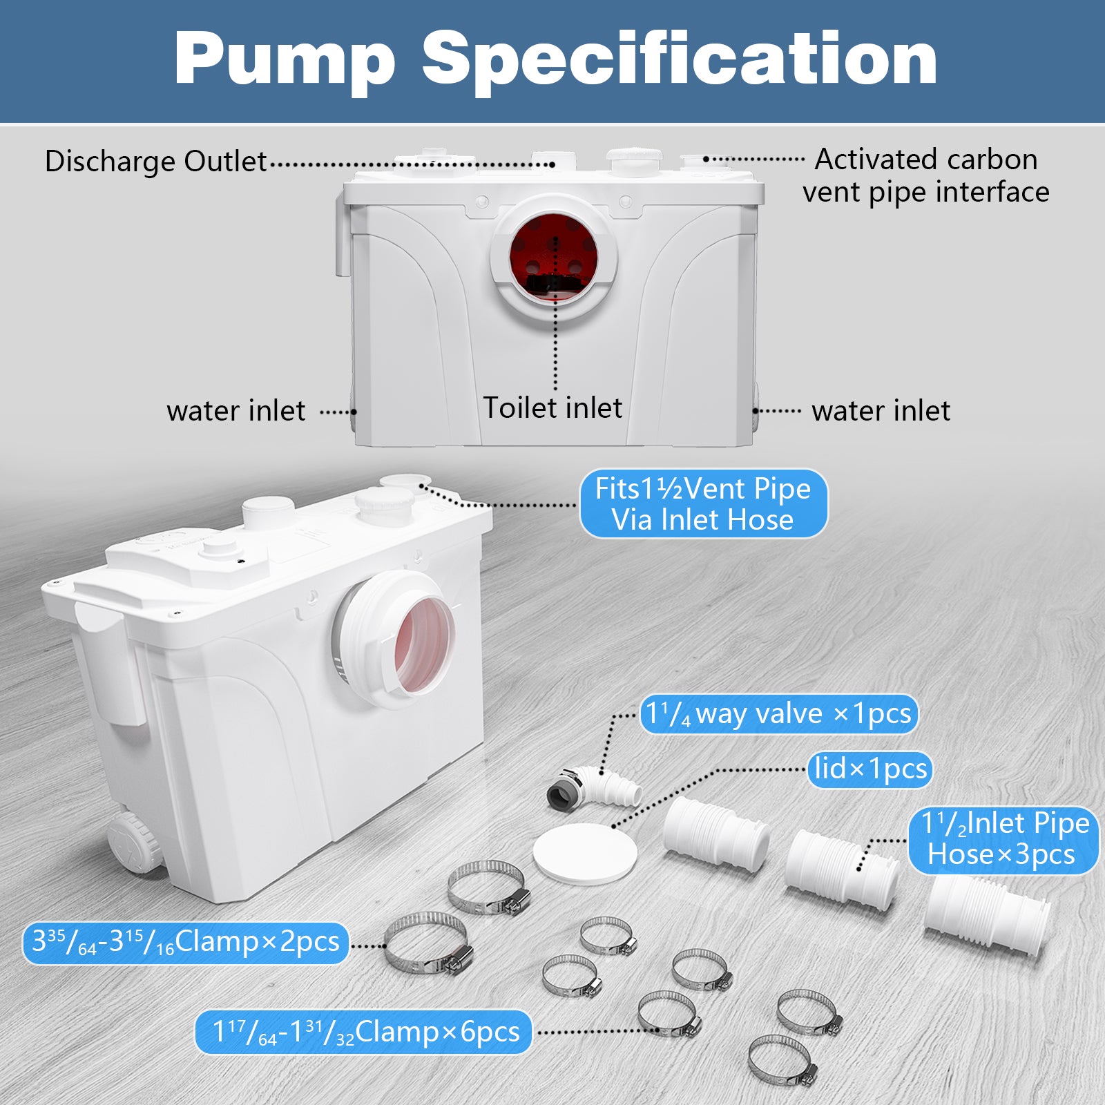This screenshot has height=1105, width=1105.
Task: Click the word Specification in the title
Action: (680, 59)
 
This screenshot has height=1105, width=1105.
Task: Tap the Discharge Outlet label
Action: (155, 162)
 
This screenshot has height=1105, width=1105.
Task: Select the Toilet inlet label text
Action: (552, 407)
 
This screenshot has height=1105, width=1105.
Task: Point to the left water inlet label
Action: (236, 411)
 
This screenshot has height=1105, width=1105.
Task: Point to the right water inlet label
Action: (881, 411)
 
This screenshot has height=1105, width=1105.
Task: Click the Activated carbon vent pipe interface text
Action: (925, 175)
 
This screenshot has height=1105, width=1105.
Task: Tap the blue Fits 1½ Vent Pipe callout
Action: (703, 504)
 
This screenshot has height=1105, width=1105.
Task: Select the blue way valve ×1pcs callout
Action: (778, 714)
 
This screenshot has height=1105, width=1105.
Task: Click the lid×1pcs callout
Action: (870, 769)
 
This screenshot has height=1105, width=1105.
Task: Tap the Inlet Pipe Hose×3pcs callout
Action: (1003, 839)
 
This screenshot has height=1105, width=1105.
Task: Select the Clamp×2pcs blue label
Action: (186, 942)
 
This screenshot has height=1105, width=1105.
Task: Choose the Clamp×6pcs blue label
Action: (364, 1032)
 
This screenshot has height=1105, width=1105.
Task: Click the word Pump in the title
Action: (285, 59)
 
